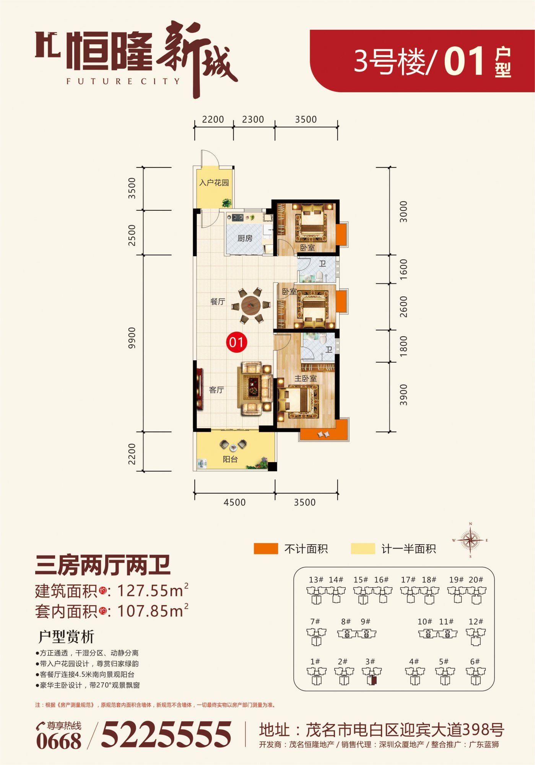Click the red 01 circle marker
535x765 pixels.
tap(236, 342)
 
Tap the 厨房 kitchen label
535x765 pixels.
tap(245, 238)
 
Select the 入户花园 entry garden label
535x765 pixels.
tap(214, 182)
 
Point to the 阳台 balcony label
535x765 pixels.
tap(230, 459)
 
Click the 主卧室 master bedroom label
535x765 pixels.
tap(306, 378)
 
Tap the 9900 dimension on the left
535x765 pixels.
tap(132, 338)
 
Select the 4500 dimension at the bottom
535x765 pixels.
tap(234, 502)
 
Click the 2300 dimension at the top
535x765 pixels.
tap(253, 119)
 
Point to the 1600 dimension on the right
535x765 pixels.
tap(403, 269)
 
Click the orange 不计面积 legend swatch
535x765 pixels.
tap(266, 549)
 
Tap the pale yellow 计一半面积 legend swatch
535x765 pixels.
tap(363, 549)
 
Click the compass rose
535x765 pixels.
tap(470, 540)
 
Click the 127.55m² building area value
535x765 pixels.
tap(153, 591)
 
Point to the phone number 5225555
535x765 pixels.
tap(166, 734)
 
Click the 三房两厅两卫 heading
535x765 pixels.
tap(102, 566)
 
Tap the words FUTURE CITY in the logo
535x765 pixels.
tap(123, 81)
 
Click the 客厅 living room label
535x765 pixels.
tap(216, 390)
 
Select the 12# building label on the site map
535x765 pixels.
tap(476, 622)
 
